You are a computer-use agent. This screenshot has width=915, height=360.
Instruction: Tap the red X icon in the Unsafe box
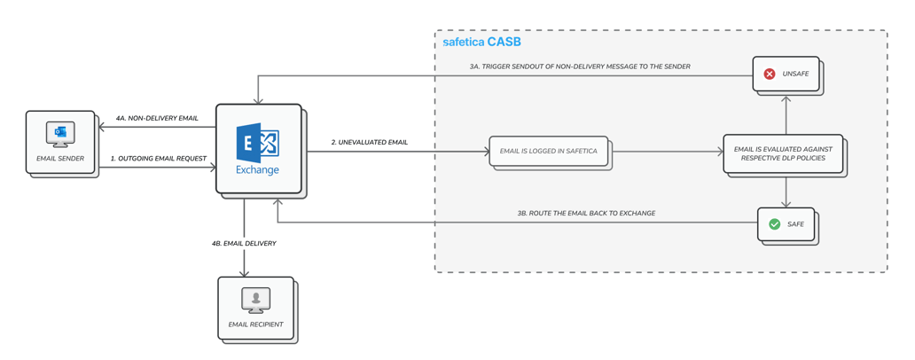point(770,74)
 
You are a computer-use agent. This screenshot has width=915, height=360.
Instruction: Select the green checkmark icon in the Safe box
point(774,224)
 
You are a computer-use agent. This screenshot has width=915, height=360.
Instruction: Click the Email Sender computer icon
point(60,134)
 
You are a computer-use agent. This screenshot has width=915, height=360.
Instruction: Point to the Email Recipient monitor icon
point(255,300)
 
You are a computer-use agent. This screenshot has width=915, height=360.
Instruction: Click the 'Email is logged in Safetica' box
point(549,152)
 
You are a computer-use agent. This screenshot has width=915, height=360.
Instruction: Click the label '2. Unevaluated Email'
point(370,142)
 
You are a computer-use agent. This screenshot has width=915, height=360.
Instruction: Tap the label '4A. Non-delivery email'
point(157,118)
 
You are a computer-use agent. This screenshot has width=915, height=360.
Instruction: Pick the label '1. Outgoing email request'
point(159,159)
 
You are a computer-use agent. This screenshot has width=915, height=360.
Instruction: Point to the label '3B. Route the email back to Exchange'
point(586,214)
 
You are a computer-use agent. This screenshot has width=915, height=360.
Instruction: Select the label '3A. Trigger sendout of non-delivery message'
point(580,67)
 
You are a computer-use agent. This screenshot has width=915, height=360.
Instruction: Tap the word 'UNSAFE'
point(795,74)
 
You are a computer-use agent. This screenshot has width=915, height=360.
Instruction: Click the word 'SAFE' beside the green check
point(795,224)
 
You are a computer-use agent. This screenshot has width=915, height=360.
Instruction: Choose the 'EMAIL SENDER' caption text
point(60,159)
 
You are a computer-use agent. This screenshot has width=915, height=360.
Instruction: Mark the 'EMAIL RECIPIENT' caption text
point(255,325)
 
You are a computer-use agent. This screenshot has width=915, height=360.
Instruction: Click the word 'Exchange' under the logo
point(258,169)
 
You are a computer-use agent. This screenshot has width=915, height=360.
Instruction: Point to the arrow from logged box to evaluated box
point(667,152)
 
